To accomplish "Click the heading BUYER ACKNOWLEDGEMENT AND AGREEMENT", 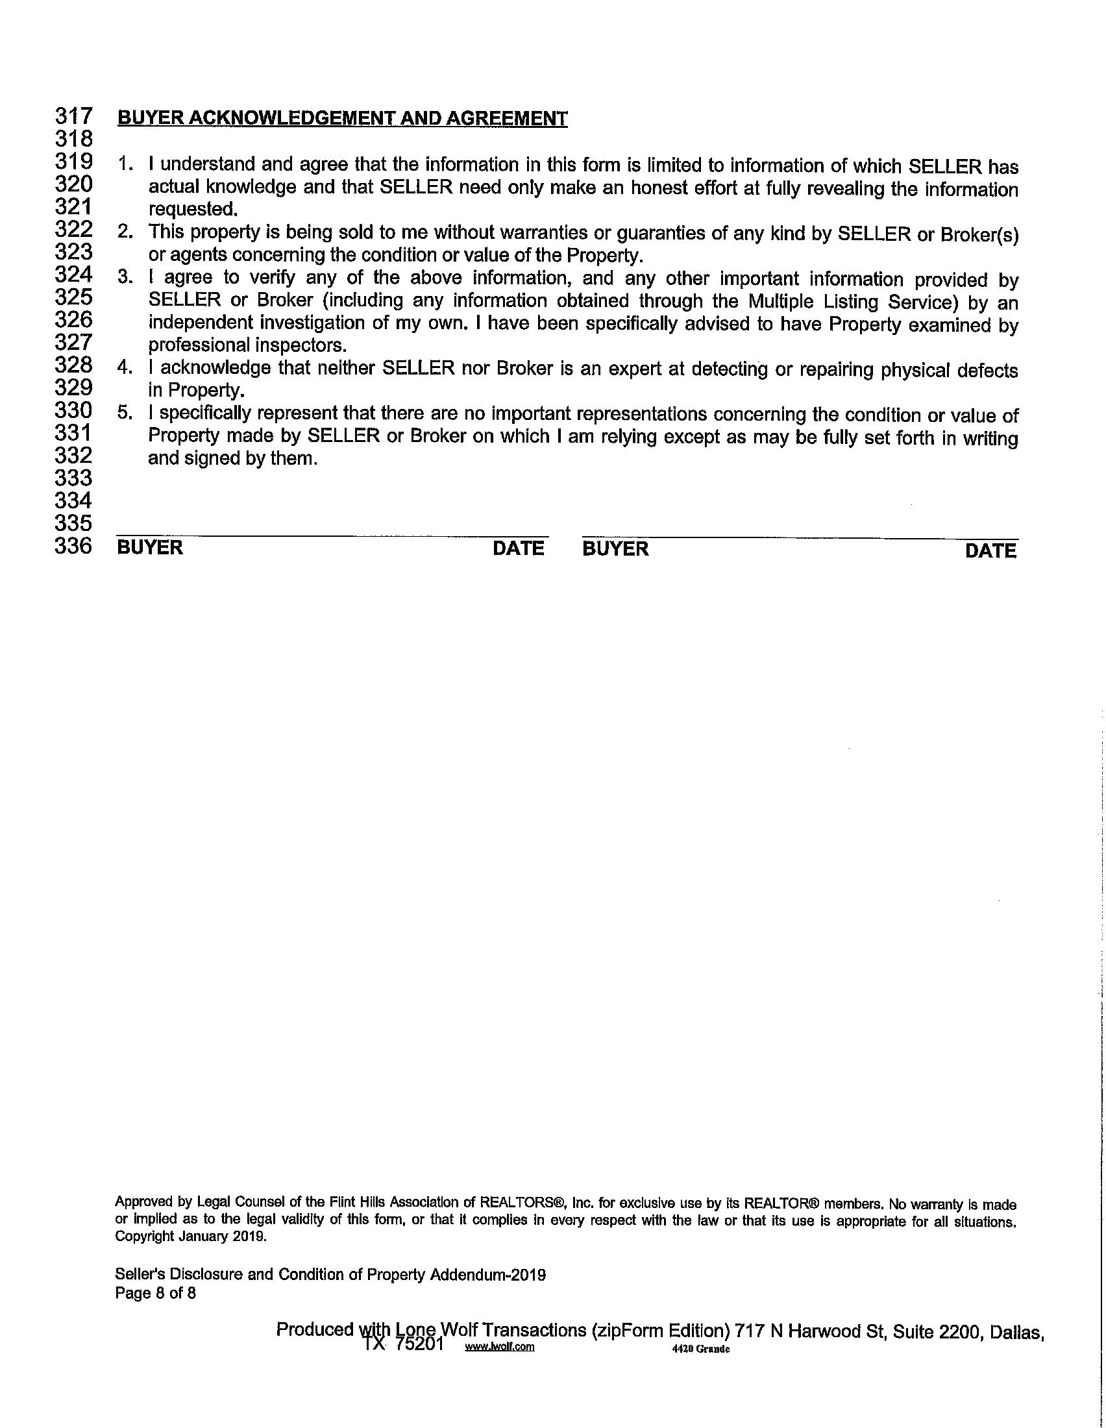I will click(x=342, y=118).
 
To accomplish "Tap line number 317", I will click(x=73, y=116).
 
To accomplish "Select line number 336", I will click(x=73, y=546).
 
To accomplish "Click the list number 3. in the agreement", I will click(x=125, y=278).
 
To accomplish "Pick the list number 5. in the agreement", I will click(x=125, y=413).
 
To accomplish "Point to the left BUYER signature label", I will click(x=150, y=547).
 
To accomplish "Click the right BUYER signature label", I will click(x=615, y=548).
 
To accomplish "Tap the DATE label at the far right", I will click(x=991, y=551).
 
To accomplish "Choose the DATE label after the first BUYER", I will click(x=519, y=548).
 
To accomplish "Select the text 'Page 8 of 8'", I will click(x=156, y=1293).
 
